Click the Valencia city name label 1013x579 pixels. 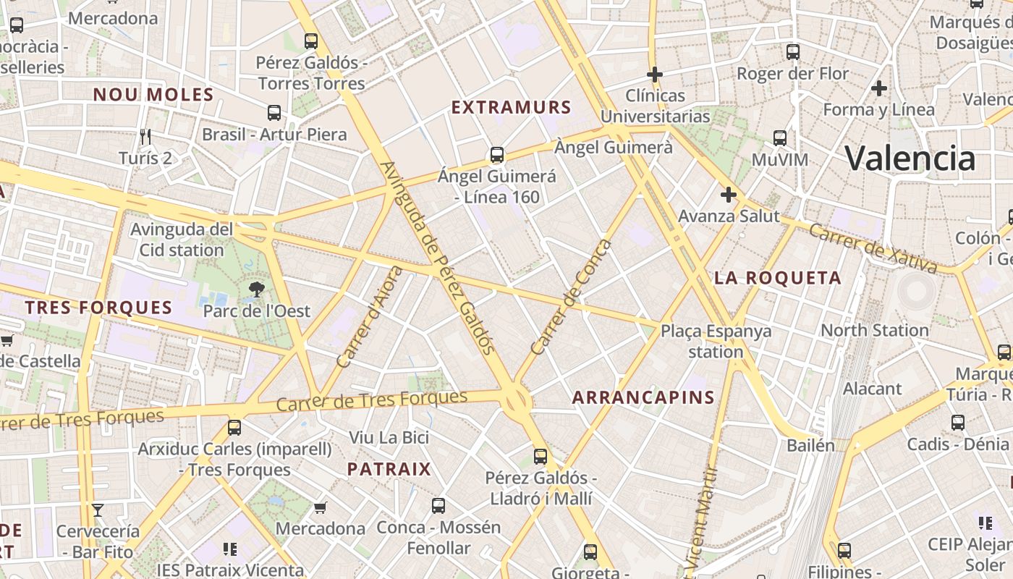(x=910, y=158)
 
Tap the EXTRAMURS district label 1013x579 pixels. (x=512, y=108)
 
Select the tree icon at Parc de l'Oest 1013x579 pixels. (x=256, y=290)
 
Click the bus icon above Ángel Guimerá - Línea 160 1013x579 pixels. (x=496, y=154)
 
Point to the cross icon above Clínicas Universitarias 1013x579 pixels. (x=655, y=74)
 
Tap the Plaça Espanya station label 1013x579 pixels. (x=716, y=341)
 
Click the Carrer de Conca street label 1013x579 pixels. (x=570, y=297)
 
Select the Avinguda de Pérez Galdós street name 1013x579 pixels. (x=438, y=258)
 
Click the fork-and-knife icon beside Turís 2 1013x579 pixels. (x=145, y=136)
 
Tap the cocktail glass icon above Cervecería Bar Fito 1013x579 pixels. (x=98, y=510)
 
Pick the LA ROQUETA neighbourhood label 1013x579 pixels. (x=778, y=278)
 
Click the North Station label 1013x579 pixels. (x=874, y=330)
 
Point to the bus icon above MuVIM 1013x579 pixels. (x=779, y=138)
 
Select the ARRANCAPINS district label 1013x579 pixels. (x=643, y=397)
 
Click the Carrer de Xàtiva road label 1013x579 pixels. (x=872, y=248)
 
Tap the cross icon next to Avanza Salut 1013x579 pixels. (x=728, y=194)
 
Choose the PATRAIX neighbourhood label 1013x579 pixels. (x=389, y=469)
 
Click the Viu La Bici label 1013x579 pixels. (x=389, y=437)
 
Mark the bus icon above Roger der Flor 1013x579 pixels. (x=792, y=52)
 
